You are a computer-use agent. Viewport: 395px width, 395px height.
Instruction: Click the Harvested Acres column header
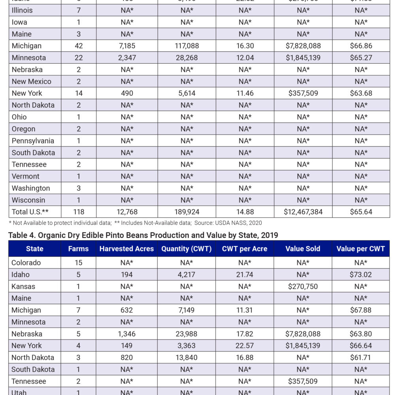point(126,249)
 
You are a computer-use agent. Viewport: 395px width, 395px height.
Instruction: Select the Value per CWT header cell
point(361,249)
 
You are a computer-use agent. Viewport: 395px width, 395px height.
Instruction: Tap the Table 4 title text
point(143,235)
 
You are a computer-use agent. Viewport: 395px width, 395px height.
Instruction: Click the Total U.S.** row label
point(30,212)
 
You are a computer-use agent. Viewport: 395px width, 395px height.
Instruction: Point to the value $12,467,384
point(303,212)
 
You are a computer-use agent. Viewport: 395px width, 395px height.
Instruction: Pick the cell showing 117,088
point(186,46)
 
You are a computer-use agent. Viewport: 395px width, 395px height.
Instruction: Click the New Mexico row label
point(31,81)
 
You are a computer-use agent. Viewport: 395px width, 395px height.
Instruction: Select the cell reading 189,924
point(186,212)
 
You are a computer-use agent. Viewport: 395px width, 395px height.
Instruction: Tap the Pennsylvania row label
point(33,141)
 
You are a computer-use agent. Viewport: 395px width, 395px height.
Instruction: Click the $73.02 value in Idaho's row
point(361,275)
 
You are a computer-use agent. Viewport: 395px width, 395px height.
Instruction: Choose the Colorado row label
point(26,263)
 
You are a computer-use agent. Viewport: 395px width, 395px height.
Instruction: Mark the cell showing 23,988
point(186,334)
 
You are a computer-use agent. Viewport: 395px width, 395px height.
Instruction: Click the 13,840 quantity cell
point(186,357)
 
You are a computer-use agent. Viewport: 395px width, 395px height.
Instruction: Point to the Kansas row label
point(23,286)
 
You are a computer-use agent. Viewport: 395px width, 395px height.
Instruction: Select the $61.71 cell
point(361,357)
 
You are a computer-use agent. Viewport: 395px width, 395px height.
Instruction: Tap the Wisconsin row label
point(28,200)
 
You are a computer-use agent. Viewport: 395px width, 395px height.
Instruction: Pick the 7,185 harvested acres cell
point(127,46)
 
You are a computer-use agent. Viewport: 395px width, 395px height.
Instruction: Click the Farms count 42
point(79,46)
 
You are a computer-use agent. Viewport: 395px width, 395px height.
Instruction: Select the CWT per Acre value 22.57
point(245,346)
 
